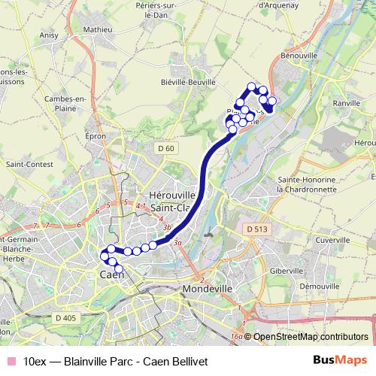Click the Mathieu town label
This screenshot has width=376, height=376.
98,29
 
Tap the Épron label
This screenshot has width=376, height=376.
96,137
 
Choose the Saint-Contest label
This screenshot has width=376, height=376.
27,163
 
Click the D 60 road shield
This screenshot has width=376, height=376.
166,148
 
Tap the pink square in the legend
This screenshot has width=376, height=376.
10,360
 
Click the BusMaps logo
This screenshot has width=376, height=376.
340,359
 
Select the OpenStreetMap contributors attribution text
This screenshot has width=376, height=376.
310,338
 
